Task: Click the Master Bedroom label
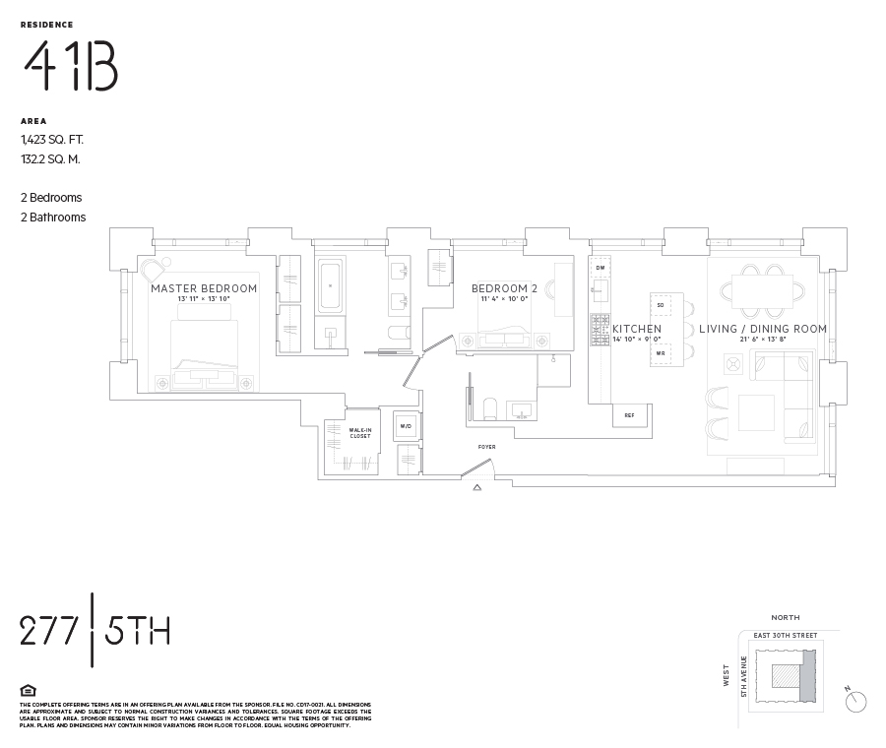coord(204,288)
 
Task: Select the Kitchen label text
coord(637,329)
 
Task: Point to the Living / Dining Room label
coord(763,329)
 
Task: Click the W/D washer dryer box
coord(406,426)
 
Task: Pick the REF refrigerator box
coord(630,415)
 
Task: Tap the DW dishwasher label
coord(600,268)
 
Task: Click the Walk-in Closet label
coord(360,433)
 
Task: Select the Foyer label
coord(487,447)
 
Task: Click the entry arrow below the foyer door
coord(477,486)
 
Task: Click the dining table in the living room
coord(762,290)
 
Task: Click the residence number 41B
coord(70,68)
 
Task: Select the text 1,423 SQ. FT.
coord(52,140)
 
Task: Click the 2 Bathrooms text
coord(53,218)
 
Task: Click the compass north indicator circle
coord(857,701)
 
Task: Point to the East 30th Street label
coord(785,636)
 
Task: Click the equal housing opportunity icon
coord(28,690)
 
